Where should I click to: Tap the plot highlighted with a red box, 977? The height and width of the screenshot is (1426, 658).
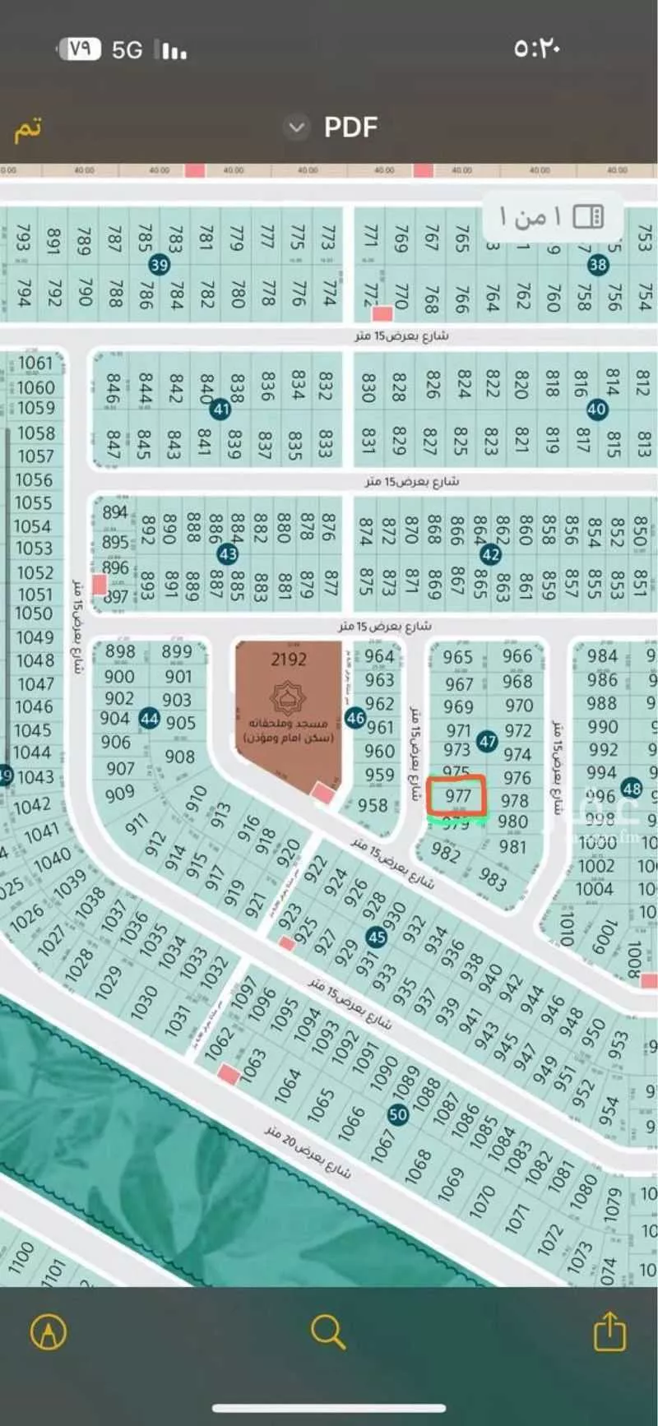[x=457, y=796]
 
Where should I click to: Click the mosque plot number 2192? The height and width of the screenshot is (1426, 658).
[x=289, y=659]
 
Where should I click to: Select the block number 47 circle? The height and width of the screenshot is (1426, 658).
[x=488, y=742]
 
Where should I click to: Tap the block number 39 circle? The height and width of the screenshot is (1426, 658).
[x=159, y=265]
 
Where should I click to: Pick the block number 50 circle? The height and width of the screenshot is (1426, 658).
[x=398, y=1114]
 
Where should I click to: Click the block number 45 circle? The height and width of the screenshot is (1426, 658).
[x=377, y=937]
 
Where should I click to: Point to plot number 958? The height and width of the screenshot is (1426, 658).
[x=373, y=805]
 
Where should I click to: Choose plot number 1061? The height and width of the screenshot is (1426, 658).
[x=35, y=363]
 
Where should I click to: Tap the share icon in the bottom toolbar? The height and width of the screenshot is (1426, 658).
[x=609, y=1331]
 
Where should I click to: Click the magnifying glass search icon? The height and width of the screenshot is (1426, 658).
[x=327, y=1331]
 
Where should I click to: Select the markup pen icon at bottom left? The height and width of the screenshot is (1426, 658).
[x=49, y=1331]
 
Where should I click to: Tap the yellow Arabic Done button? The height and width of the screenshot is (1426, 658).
[x=27, y=129]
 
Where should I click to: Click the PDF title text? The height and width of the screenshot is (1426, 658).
[x=350, y=127]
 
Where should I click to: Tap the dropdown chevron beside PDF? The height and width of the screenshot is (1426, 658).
[x=296, y=127]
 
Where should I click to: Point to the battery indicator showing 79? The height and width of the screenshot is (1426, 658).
[x=79, y=49]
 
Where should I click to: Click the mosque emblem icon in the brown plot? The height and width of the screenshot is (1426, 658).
[x=288, y=698]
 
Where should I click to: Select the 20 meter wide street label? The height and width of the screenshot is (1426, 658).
[x=308, y=1152]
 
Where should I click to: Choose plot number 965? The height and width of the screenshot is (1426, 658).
[x=457, y=657]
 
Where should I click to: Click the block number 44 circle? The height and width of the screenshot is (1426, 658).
[x=149, y=718]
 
